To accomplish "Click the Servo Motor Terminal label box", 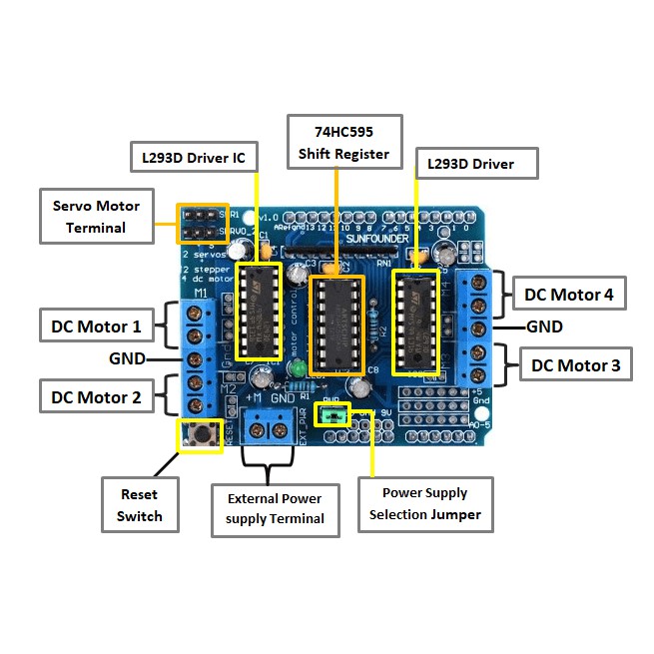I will [96, 216].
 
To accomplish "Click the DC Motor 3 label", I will [575, 365].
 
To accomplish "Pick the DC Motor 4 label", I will [574, 295].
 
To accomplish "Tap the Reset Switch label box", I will [139, 505].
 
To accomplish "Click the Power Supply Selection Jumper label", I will [424, 503].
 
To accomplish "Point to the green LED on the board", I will [298, 368].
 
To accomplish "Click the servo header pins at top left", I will [198, 224].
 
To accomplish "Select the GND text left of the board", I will [127, 358].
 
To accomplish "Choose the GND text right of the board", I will [544, 327].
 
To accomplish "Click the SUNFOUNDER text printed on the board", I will [370, 240].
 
